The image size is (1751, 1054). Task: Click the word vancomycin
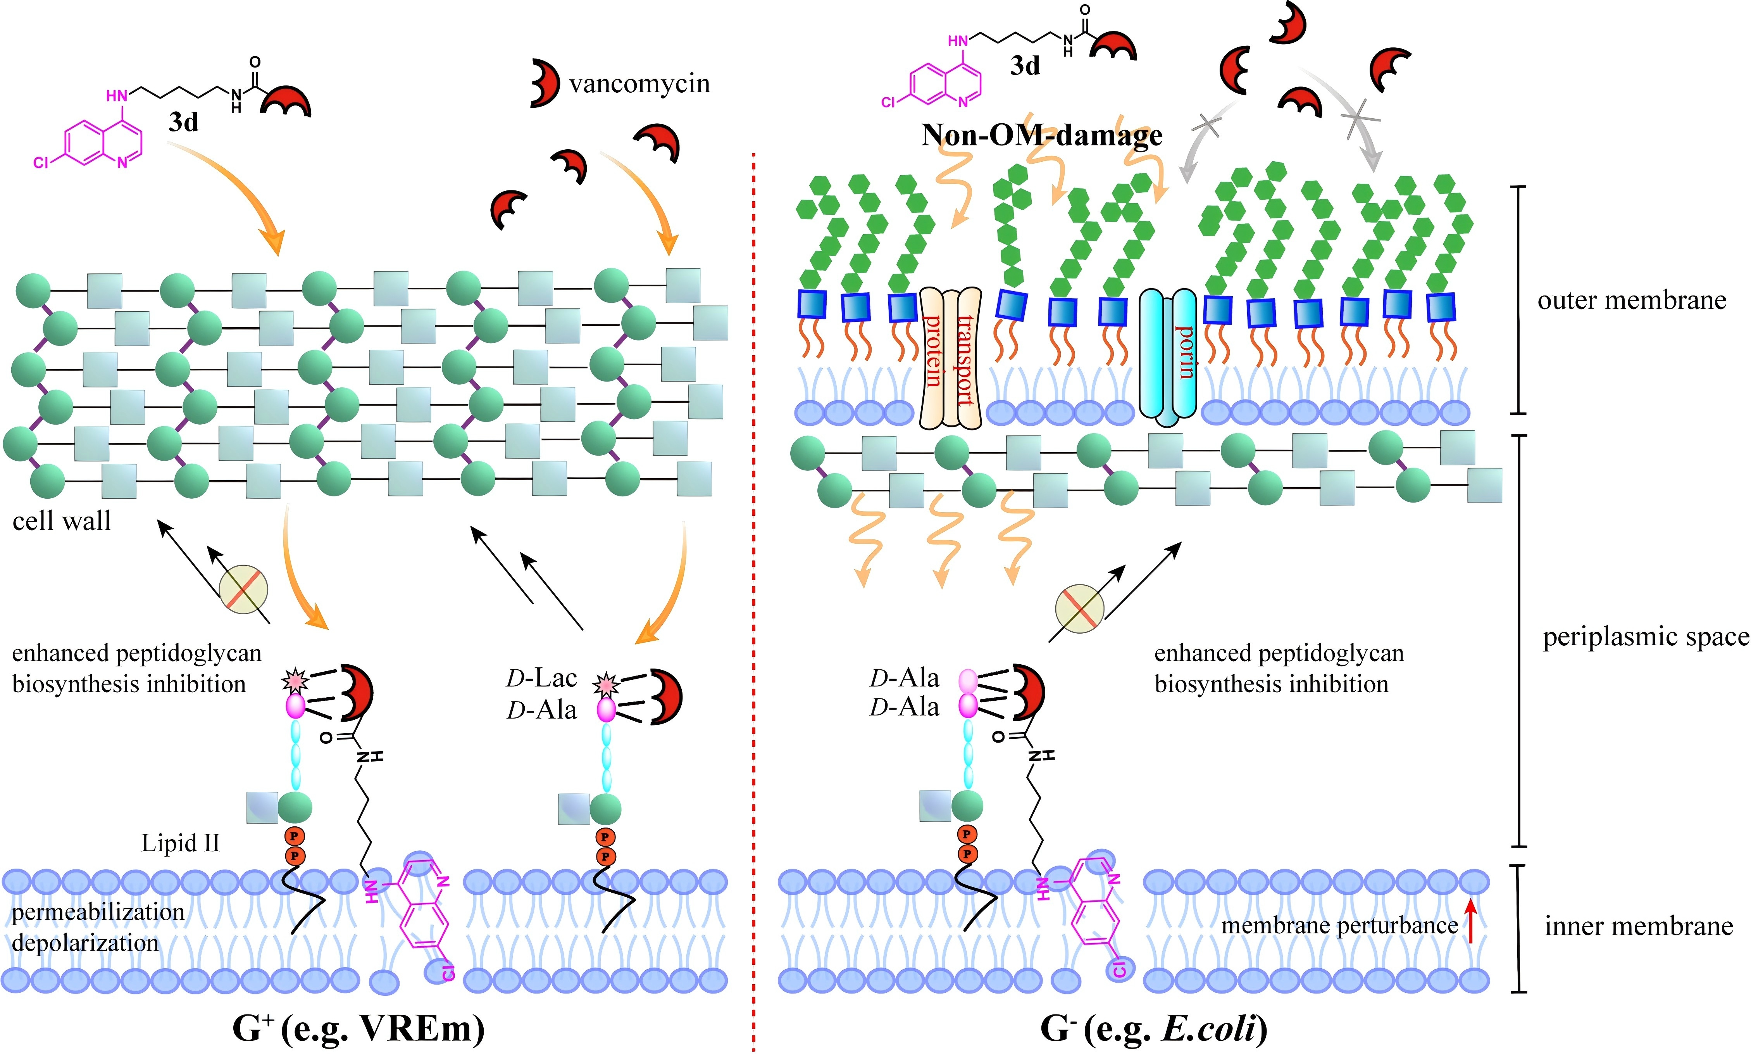(639, 84)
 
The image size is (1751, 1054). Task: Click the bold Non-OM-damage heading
(1041, 135)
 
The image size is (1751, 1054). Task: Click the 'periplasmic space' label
(1645, 637)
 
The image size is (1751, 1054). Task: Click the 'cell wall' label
(62, 521)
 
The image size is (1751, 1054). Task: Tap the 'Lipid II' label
(180, 843)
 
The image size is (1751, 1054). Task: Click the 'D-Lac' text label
(541, 678)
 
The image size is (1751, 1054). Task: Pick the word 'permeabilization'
(98, 912)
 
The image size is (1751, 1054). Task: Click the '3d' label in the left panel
(183, 122)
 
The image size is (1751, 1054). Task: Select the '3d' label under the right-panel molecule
(1025, 66)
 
